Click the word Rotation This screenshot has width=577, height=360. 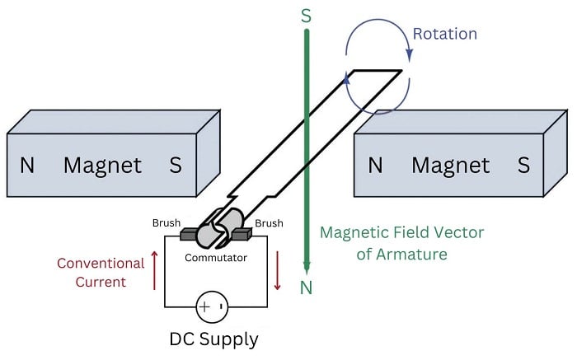point(446,34)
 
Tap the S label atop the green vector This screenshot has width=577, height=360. point(307,15)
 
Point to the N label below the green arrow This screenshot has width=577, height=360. point(307,287)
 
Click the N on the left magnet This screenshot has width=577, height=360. point(27,165)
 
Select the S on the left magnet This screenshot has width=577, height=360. point(175,165)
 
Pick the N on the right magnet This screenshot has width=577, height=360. point(375,165)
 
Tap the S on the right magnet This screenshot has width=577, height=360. point(523,165)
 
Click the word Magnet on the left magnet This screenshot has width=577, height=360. point(102,165)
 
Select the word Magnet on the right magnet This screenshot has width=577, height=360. point(450,165)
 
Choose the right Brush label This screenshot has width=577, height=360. point(269,223)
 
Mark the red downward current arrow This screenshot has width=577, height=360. point(278,271)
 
